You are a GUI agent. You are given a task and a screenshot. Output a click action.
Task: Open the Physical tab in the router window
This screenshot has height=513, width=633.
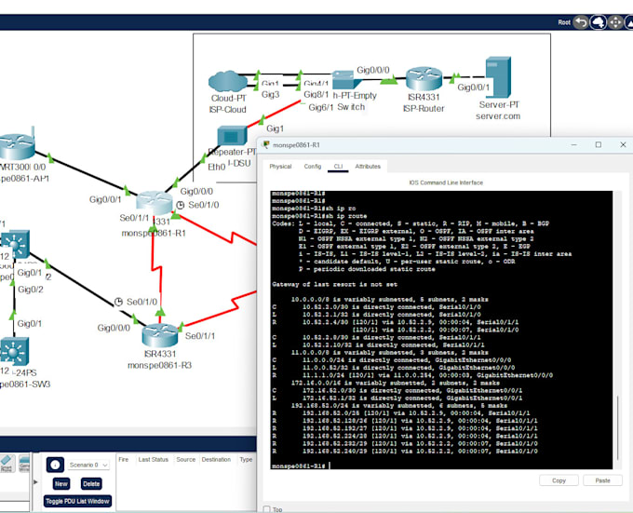[280, 167]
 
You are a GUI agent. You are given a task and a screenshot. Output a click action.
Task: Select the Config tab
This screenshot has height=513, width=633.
[313, 167]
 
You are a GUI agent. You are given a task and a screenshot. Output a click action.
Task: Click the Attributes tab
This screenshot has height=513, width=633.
[368, 167]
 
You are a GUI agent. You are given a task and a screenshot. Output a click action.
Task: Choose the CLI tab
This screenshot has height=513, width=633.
[339, 167]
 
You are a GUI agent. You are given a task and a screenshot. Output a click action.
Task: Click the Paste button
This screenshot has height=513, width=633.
[602, 480]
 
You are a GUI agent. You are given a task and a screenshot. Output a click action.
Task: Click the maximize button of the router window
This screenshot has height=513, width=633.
[598, 145]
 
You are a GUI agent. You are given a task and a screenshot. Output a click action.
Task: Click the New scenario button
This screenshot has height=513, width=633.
[61, 483]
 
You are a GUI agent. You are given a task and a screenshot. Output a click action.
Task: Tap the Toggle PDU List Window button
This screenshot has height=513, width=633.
[77, 501]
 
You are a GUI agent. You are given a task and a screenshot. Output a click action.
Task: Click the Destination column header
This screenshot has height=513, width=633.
[216, 460]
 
